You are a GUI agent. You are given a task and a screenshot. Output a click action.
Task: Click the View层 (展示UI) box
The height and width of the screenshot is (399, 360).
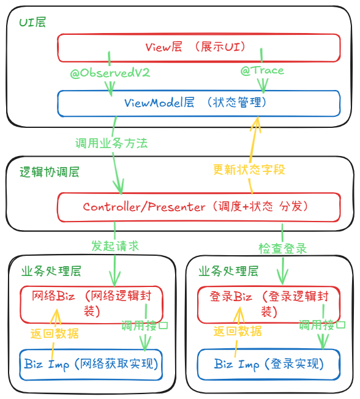click(x=198, y=47)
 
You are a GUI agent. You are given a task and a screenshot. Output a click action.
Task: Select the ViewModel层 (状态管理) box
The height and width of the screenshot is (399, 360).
click(x=198, y=103)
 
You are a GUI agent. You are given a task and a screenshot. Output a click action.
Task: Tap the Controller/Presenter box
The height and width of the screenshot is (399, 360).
click(x=198, y=207)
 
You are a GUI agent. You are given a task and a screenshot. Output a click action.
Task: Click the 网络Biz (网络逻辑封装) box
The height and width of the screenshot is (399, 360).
click(x=91, y=304)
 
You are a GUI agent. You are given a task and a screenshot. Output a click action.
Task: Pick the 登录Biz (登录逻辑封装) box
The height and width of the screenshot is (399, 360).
click(x=269, y=304)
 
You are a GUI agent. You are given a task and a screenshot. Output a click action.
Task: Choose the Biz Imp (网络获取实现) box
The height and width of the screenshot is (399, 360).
click(x=91, y=365)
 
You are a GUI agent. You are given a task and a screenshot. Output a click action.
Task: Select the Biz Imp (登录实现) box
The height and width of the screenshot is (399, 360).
click(x=269, y=365)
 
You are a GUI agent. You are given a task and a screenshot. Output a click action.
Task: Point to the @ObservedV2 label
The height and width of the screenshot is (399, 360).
click(x=110, y=73)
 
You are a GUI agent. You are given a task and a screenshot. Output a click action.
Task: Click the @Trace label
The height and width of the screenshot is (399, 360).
click(x=262, y=70)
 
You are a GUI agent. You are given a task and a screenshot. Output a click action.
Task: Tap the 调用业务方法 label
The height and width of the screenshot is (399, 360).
click(x=111, y=144)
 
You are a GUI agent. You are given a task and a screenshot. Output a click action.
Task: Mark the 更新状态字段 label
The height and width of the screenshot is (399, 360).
click(x=249, y=170)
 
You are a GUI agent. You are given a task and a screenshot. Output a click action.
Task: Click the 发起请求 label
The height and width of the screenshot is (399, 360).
click(x=115, y=246)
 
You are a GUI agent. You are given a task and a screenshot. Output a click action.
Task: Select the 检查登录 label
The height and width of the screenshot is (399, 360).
click(x=282, y=248)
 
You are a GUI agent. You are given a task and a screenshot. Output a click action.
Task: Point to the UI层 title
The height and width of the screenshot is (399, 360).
click(x=32, y=23)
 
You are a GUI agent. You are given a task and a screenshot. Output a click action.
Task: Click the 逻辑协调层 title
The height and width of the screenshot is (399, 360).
click(x=50, y=172)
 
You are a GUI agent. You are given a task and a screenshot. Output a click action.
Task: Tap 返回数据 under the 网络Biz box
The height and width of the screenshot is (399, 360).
click(x=54, y=334)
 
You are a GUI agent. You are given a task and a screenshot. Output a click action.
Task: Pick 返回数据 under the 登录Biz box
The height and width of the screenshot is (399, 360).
click(x=238, y=332)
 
